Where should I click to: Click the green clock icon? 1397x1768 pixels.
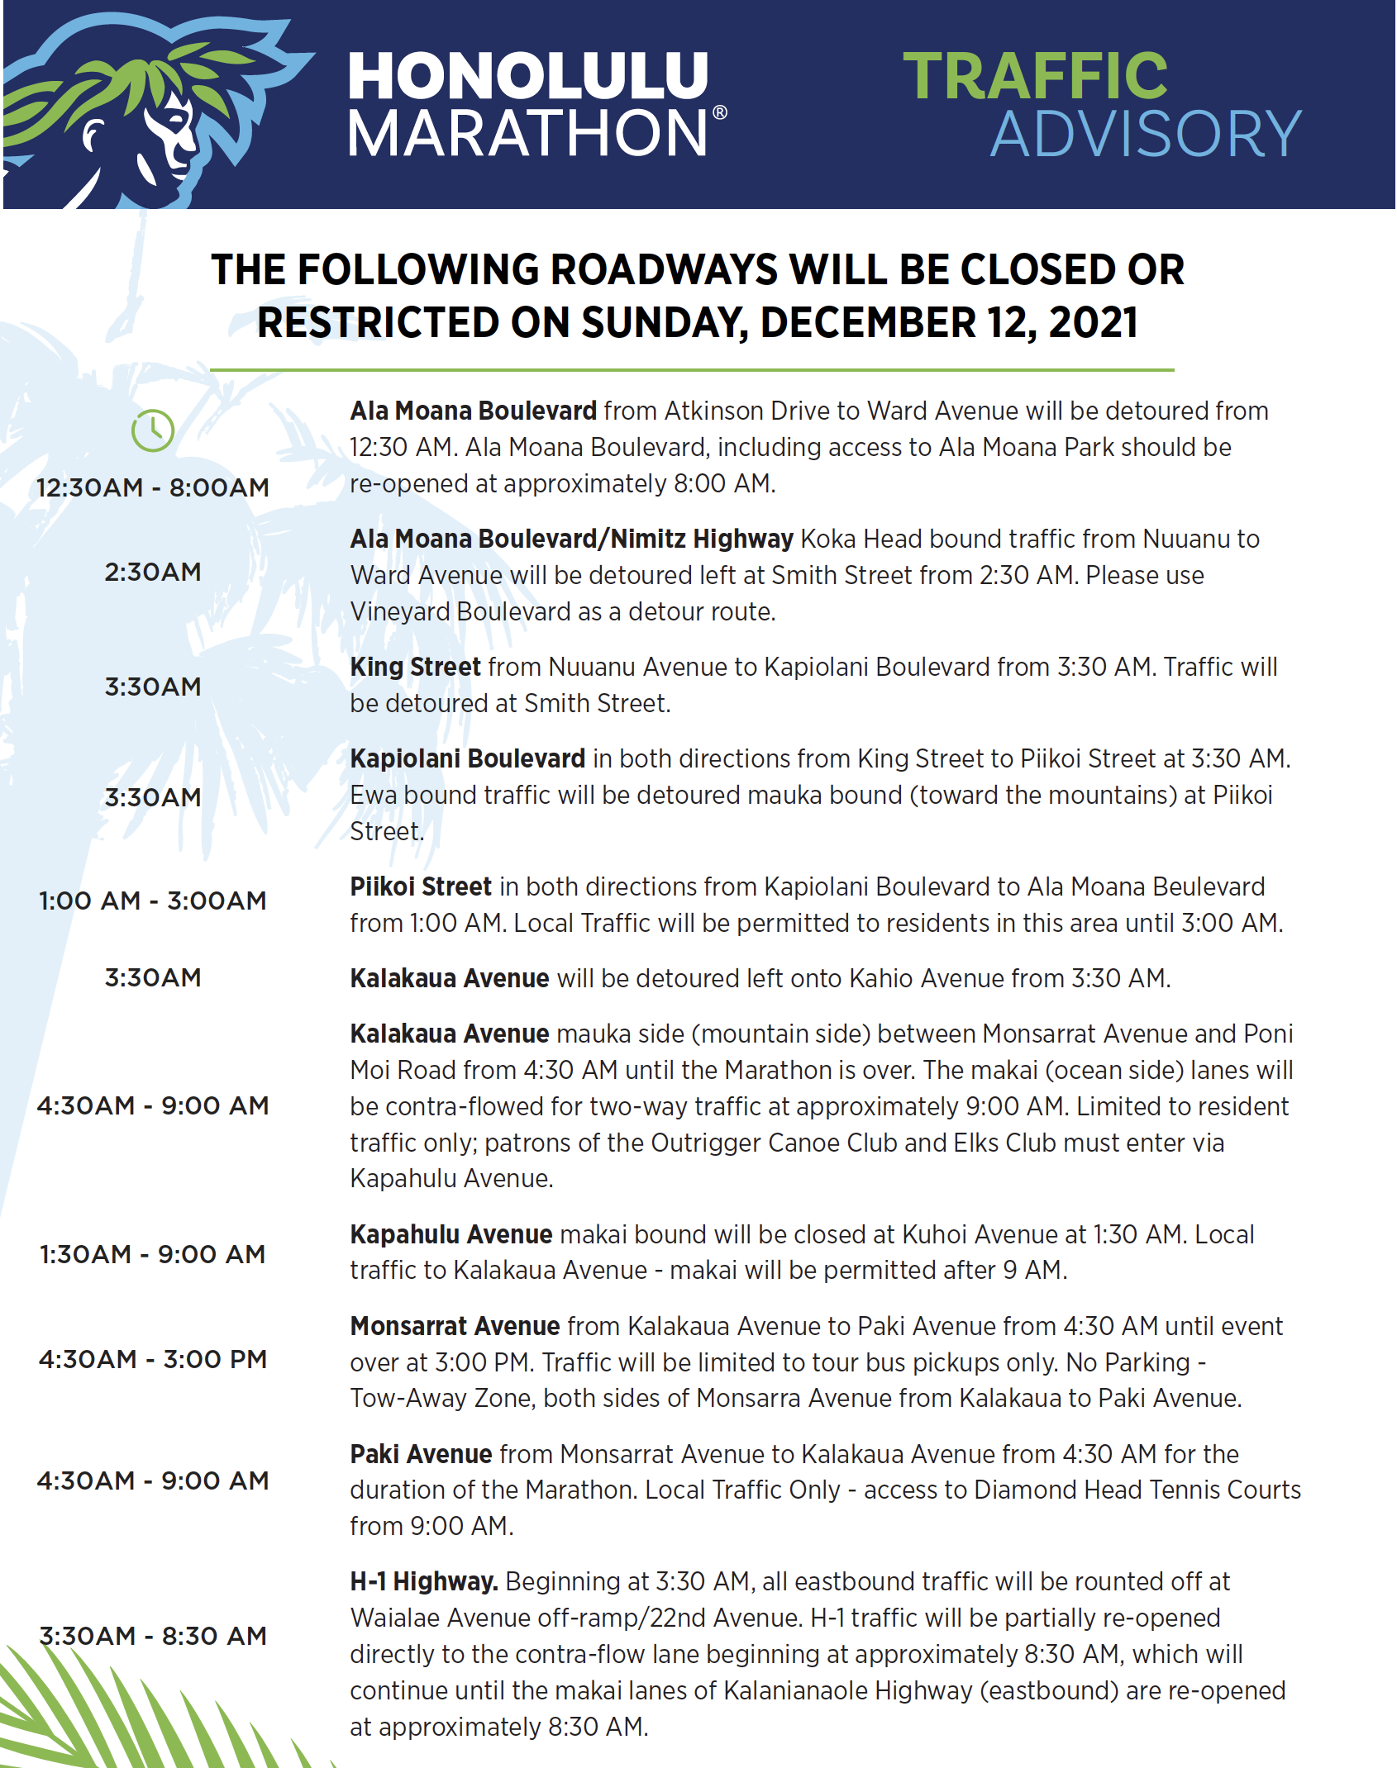click(x=153, y=430)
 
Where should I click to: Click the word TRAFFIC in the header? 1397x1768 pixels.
click(x=1035, y=76)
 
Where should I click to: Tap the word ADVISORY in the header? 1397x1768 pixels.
click(x=1146, y=134)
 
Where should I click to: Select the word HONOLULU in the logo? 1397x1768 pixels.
click(x=527, y=76)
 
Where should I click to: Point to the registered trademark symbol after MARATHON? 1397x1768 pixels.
click(x=720, y=112)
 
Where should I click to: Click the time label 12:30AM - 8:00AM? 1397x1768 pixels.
click(x=153, y=487)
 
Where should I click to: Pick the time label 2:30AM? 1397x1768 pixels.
click(x=153, y=572)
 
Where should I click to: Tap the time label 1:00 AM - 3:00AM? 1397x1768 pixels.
click(x=153, y=901)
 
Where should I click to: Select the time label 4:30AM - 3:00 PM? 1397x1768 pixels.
click(x=153, y=1359)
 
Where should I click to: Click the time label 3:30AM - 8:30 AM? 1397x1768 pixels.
click(x=153, y=1636)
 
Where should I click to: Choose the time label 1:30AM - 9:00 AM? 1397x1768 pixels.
click(x=153, y=1254)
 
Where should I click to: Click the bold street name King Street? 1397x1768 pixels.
click(x=415, y=667)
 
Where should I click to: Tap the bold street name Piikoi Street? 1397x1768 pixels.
click(x=421, y=886)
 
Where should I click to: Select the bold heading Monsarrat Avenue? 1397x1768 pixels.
click(x=455, y=1326)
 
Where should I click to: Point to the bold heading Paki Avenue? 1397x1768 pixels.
click(x=421, y=1454)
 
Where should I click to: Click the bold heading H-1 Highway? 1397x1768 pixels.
click(x=423, y=1581)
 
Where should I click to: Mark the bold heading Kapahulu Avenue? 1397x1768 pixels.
click(x=451, y=1234)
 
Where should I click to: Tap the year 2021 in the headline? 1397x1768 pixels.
click(x=1093, y=322)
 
